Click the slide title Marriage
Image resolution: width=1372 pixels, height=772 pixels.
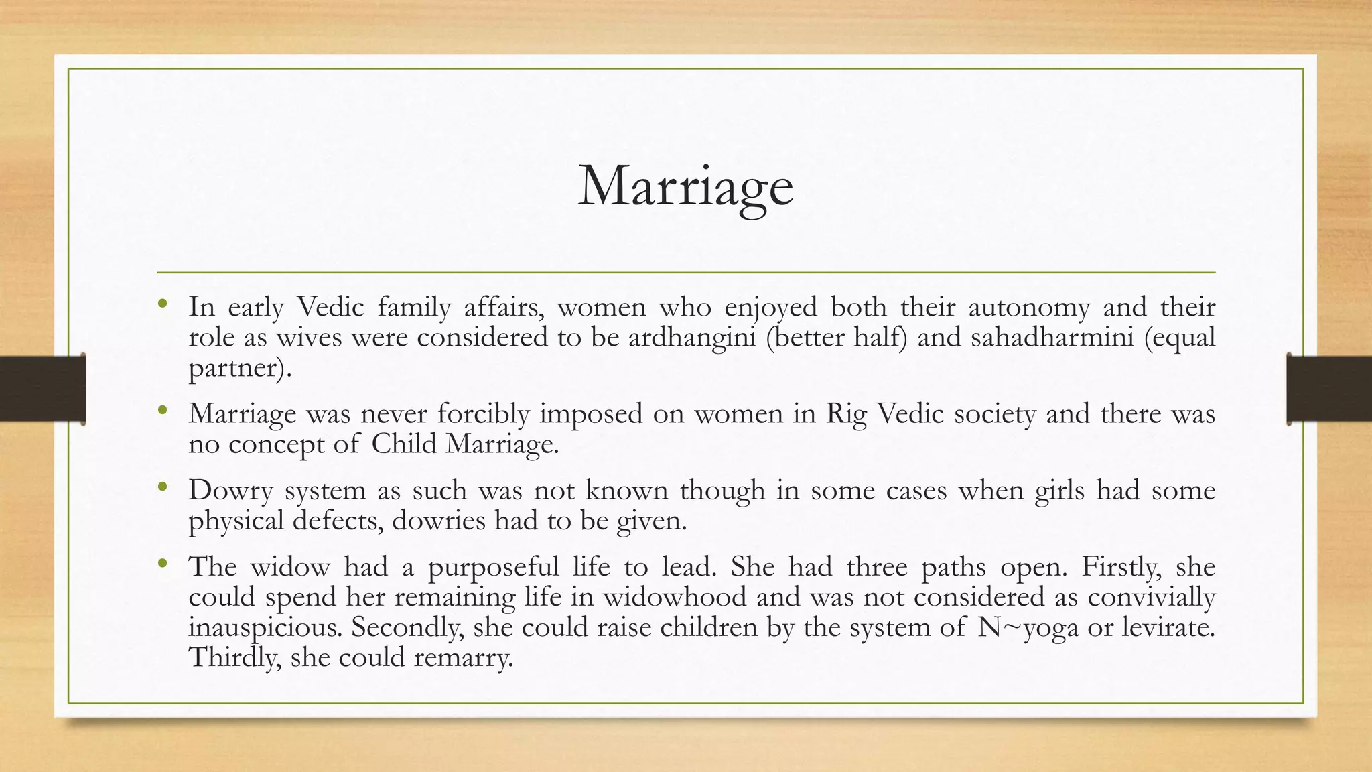(x=685, y=187)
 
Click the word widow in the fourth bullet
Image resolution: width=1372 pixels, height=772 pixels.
(x=290, y=567)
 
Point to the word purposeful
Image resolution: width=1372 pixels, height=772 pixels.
(x=493, y=567)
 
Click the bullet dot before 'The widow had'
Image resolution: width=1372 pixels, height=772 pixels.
(x=162, y=564)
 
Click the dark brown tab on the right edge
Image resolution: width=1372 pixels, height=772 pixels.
(x=1329, y=389)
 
